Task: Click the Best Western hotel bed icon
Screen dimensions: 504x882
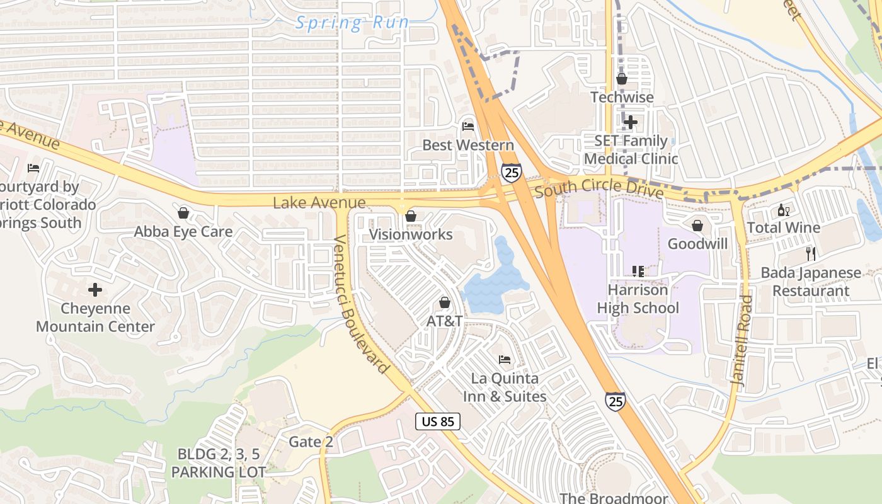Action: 467,126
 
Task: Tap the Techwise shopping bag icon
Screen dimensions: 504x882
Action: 622,79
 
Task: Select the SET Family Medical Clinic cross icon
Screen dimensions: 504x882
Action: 630,122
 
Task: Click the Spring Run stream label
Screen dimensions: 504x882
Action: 353,23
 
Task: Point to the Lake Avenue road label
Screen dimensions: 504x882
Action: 319,202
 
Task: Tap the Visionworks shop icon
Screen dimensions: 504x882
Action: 411,216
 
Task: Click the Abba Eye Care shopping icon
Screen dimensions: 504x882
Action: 183,213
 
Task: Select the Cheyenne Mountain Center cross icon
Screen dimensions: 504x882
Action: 95,290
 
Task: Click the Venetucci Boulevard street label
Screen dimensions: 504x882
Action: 360,304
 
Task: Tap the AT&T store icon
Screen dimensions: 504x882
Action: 445,302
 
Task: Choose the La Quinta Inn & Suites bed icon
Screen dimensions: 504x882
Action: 505,360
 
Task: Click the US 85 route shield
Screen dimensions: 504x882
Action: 438,421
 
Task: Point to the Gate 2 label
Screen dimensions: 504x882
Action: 311,442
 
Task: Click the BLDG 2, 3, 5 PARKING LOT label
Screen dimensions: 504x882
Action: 218,462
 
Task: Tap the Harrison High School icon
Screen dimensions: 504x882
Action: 638,272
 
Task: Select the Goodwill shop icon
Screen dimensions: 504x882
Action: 697,225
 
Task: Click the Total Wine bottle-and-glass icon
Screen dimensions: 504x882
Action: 784,210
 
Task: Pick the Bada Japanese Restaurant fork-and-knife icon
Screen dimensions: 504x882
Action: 811,254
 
